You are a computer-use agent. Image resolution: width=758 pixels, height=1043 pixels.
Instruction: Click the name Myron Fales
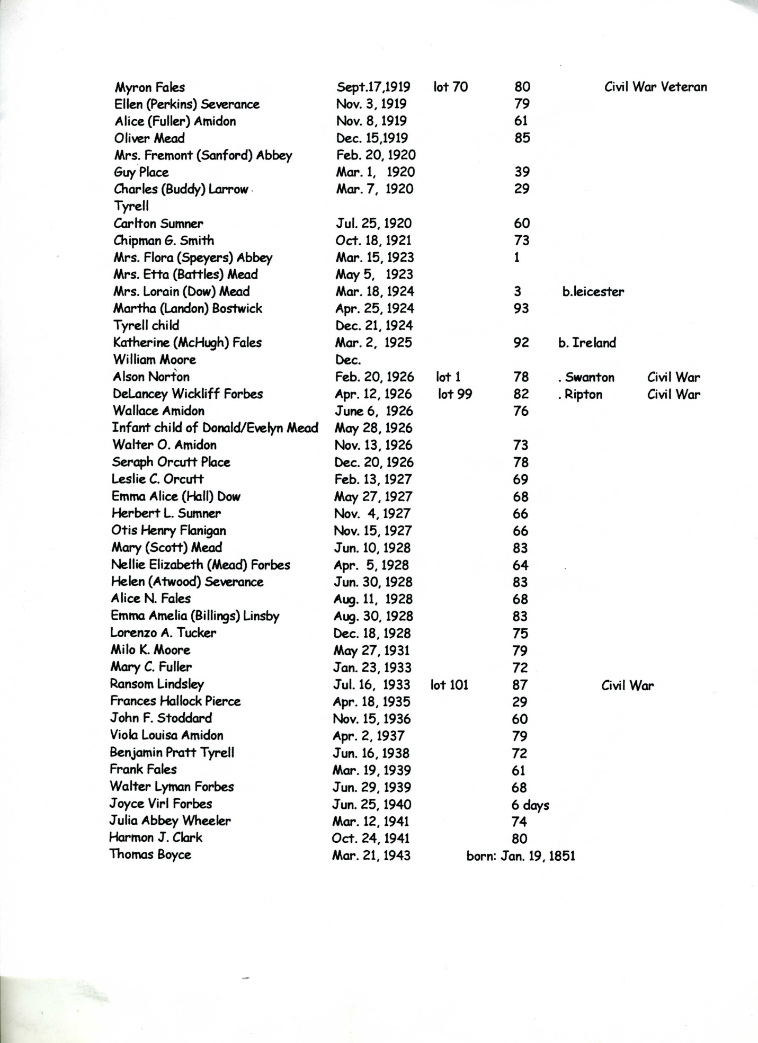[x=150, y=87]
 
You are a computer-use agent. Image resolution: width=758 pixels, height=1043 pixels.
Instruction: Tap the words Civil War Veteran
[x=655, y=87]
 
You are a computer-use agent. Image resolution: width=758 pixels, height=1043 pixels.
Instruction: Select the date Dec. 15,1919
[x=372, y=138]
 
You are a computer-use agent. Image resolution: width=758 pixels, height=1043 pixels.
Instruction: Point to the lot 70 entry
[x=450, y=87]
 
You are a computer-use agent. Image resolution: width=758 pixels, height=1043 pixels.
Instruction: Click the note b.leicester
[x=593, y=292]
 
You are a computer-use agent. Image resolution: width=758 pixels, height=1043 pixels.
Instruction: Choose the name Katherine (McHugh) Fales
[x=188, y=343]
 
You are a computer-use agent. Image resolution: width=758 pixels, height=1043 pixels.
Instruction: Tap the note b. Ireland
[x=587, y=343]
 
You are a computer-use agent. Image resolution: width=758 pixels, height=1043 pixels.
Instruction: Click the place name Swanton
[x=590, y=377]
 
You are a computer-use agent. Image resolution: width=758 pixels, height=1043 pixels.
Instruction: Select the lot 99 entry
[x=455, y=394]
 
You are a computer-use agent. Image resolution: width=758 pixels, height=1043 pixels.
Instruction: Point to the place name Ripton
[x=583, y=395]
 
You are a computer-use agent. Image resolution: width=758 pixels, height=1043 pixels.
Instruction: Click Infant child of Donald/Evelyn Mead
[x=215, y=428]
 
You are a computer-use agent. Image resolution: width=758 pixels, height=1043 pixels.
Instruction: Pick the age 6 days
[x=530, y=805]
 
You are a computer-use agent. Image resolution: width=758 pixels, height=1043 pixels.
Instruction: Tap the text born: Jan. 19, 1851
[x=521, y=856]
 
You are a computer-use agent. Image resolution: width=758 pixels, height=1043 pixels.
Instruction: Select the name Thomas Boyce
[x=150, y=854]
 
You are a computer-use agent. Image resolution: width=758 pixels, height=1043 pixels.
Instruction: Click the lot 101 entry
[x=450, y=685]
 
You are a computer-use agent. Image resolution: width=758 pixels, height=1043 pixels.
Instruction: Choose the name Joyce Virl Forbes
[x=160, y=804]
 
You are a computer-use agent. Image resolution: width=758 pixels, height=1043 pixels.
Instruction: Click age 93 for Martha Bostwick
[x=521, y=308]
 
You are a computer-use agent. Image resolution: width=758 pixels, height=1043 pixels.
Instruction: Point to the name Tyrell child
[x=146, y=325]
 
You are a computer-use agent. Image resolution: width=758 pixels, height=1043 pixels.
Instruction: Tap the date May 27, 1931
[x=372, y=650]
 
